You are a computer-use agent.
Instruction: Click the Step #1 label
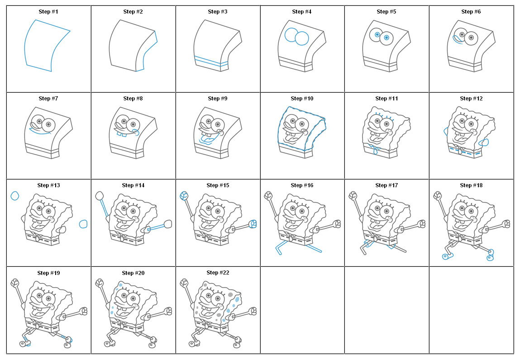coord(48,11)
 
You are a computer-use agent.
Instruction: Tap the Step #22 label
coord(218,273)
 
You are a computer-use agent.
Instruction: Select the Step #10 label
coord(302,98)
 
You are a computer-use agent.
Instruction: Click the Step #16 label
coord(302,185)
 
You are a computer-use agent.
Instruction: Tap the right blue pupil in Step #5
coord(386,38)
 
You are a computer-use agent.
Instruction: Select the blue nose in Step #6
coord(457,40)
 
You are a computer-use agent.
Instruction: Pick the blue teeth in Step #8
coord(121,134)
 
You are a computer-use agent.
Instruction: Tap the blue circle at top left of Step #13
coord(15,196)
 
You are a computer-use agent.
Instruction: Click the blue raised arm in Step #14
coord(104,208)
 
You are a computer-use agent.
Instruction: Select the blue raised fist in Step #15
coord(184,195)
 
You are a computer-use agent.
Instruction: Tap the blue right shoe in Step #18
coord(489,257)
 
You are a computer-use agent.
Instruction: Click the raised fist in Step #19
coord(15,283)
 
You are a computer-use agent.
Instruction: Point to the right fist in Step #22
coord(252,311)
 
